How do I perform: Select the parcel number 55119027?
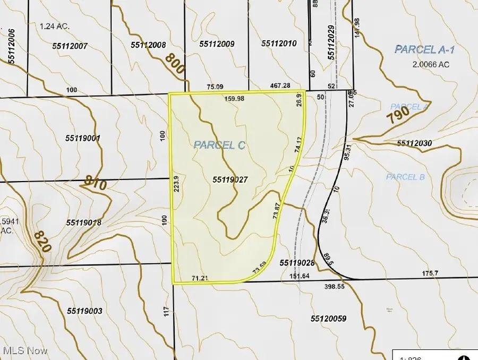tap(231, 181)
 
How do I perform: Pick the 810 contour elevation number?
tap(96, 185)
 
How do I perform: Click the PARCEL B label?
tap(405, 177)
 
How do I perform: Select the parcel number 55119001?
tap(83, 138)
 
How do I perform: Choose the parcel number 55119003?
tap(85, 311)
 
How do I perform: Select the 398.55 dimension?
tap(335, 286)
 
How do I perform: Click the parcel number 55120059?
tap(328, 319)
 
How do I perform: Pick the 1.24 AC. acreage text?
tap(55, 25)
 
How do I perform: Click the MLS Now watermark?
tap(25, 351)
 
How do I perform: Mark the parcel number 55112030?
tap(414, 144)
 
